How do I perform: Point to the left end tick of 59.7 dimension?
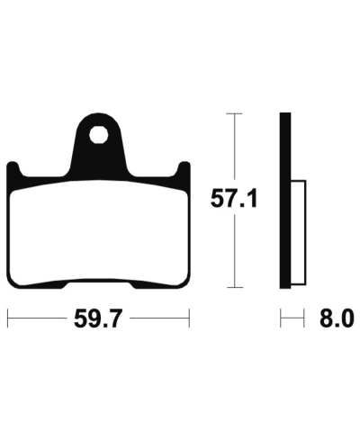8,318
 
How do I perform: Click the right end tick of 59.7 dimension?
189,318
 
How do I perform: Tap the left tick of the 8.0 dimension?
282,318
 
